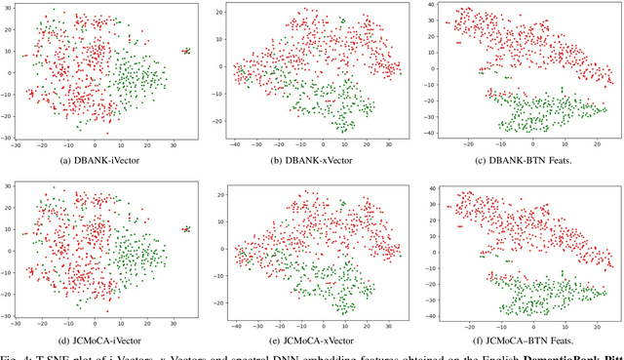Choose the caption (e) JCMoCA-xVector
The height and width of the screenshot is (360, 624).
pyautogui.click(x=310, y=340)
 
